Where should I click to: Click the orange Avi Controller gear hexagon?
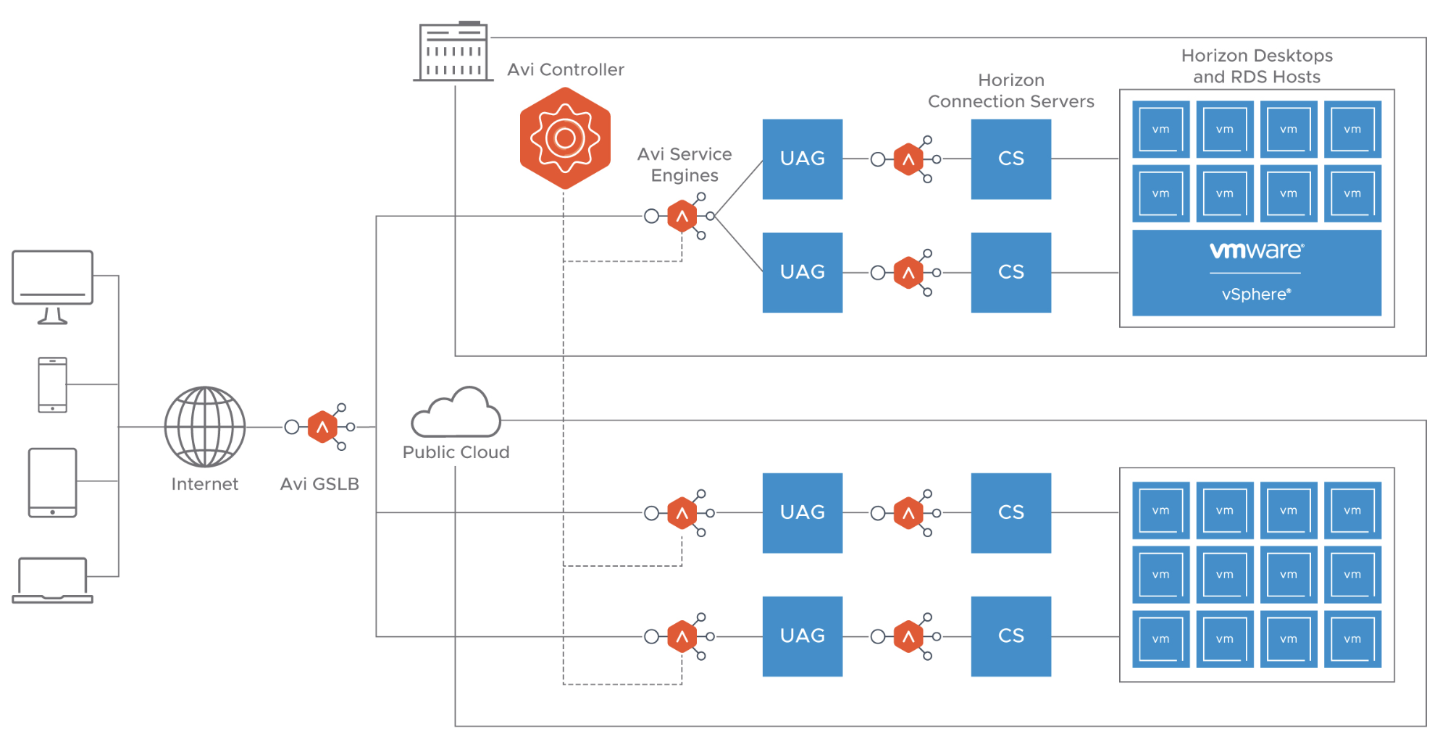coord(565,138)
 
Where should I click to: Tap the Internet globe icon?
coord(205,426)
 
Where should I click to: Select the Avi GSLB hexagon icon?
coord(322,427)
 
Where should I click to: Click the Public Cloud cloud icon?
coord(456,414)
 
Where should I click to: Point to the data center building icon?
coord(453,52)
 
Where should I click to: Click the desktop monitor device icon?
coord(52,286)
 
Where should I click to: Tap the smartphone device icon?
coord(52,385)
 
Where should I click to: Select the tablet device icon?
coord(52,482)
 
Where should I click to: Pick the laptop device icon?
coord(52,580)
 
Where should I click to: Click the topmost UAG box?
coord(802,158)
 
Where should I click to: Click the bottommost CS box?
coord(1010,636)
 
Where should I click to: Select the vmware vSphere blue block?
coord(1256,273)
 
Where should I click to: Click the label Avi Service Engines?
coord(685,164)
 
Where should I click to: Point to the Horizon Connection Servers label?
coord(1010,90)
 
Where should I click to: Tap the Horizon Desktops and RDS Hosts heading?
coord(1256,66)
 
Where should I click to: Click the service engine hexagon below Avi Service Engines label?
coord(682,216)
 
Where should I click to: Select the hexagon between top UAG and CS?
coord(908,159)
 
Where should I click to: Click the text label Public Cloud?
coord(456,452)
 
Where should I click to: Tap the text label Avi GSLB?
coord(319,483)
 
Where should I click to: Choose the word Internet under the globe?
coord(204,483)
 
